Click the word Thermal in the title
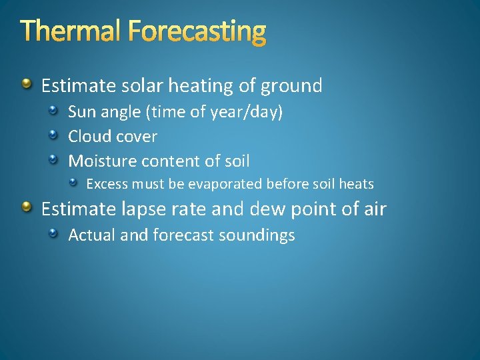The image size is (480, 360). pyautogui.click(x=71, y=31)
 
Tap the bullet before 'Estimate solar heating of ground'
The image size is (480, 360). pyautogui.click(x=26, y=84)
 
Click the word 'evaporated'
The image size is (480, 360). pyautogui.click(x=229, y=184)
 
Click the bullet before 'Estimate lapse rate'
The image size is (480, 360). pyautogui.click(x=26, y=208)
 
